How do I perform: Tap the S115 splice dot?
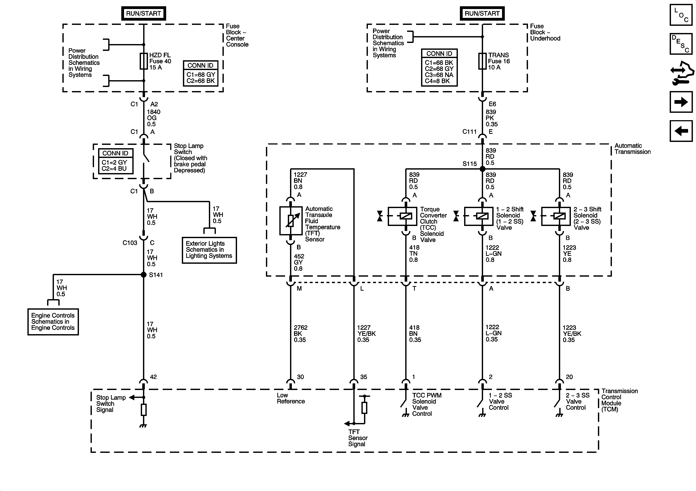(x=482, y=169)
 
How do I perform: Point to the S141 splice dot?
(x=144, y=274)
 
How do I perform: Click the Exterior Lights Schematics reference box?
(x=209, y=250)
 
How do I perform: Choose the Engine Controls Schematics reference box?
(x=53, y=322)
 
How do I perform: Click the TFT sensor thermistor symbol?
(x=291, y=221)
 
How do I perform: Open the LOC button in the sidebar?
(x=681, y=15)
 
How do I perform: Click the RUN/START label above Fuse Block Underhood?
(x=482, y=13)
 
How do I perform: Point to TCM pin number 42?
(x=153, y=377)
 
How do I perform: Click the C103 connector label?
(x=130, y=243)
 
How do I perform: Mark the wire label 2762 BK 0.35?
(x=300, y=333)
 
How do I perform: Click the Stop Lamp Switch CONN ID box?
(x=116, y=161)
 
